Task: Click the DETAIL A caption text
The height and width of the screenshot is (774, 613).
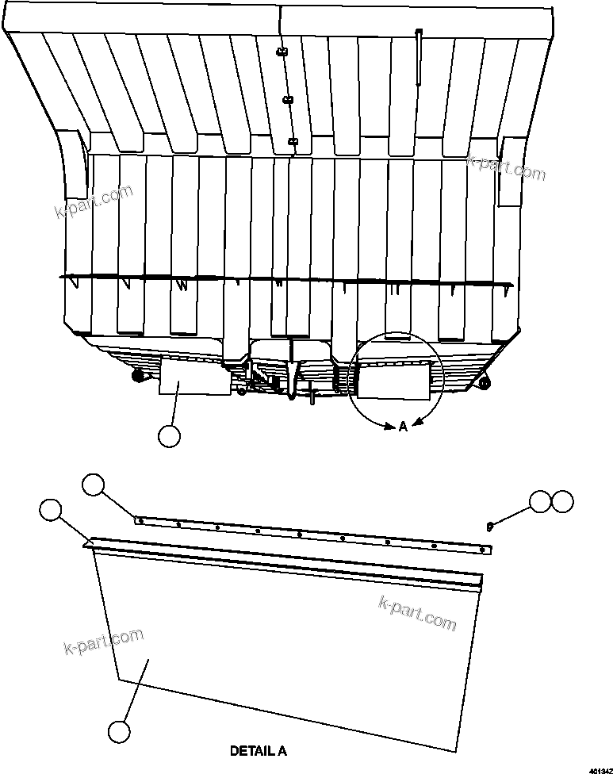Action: (x=258, y=749)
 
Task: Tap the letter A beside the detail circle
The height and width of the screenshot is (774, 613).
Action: (x=403, y=427)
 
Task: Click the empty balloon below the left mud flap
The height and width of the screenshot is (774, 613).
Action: (x=169, y=435)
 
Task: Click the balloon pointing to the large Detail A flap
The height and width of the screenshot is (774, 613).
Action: (x=119, y=731)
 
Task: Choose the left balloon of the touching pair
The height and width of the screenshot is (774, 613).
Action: (x=541, y=501)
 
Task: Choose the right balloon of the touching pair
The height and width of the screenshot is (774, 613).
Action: (x=562, y=501)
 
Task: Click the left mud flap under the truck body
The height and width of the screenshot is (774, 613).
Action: (x=182, y=375)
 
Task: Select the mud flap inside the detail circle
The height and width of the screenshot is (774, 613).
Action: (x=394, y=376)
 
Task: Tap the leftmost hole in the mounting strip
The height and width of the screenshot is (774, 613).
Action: (x=140, y=521)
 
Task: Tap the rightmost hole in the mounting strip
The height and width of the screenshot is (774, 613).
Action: (x=482, y=548)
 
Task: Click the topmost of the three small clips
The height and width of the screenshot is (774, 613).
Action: (x=281, y=52)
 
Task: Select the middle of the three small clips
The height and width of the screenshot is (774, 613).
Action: (x=287, y=100)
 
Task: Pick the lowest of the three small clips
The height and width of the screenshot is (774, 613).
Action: (x=293, y=142)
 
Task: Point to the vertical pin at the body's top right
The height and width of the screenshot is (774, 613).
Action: (x=419, y=56)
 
